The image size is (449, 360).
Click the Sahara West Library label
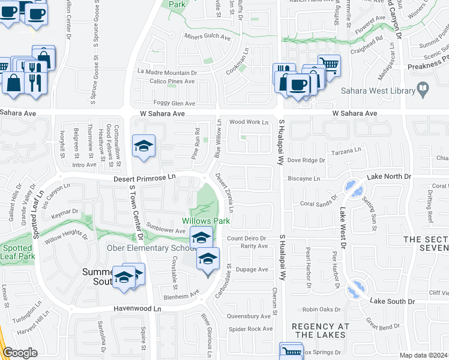tap(378, 91)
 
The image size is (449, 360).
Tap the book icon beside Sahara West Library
tap(423, 90)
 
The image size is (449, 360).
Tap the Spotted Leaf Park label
tap(17, 252)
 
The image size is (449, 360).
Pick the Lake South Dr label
tap(393, 301)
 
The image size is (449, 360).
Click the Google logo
tap(20, 353)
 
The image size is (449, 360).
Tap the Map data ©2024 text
tap(424, 355)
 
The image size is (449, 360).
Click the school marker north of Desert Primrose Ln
tap(143, 146)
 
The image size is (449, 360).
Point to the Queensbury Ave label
tap(249, 316)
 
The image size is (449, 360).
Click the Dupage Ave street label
tap(255, 269)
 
